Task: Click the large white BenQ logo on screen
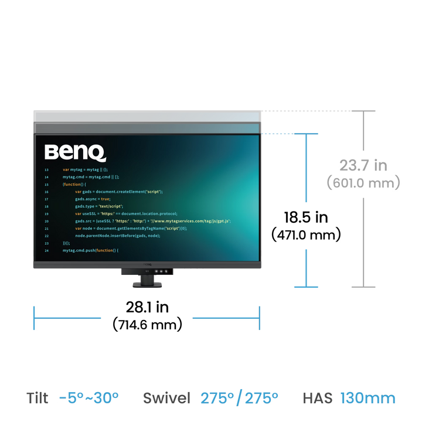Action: coord(76,153)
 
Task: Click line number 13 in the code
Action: coord(46,169)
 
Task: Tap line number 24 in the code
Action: coord(46,250)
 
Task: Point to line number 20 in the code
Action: coord(46,221)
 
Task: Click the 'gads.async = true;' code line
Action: coord(93,199)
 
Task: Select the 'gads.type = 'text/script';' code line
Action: coord(98,206)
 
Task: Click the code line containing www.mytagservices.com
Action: coord(152,221)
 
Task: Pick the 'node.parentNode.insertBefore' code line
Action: coord(117,236)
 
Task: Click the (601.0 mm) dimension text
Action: coord(363,183)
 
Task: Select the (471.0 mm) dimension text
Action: coord(305,234)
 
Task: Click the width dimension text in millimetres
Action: coord(148,323)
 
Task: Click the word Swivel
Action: coord(167,399)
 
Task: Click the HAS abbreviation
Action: coord(318,399)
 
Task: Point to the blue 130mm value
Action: coord(367,399)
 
